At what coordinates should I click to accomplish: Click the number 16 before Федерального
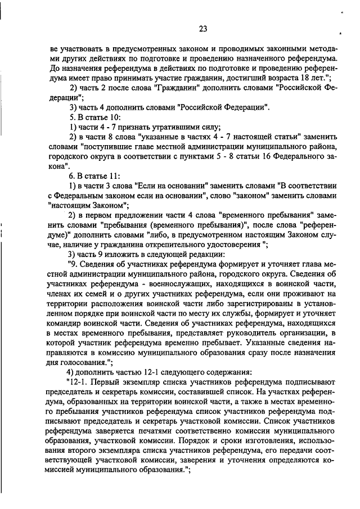click(231, 157)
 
